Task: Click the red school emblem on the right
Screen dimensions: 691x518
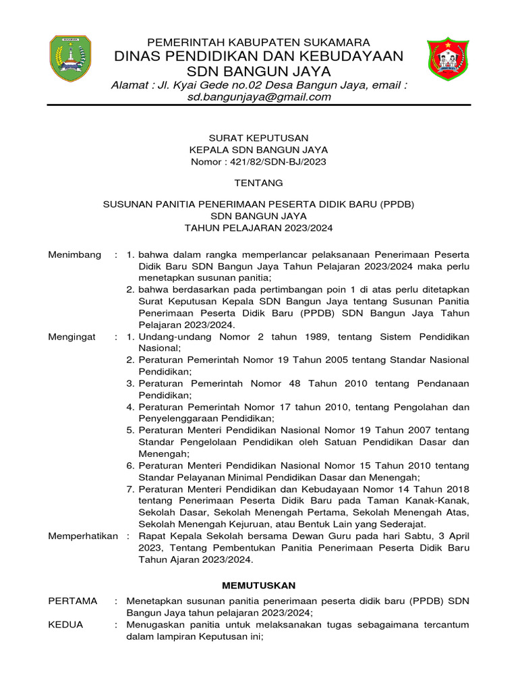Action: (447, 59)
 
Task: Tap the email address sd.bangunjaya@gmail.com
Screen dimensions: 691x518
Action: (259, 96)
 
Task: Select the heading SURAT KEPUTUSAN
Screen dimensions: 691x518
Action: (258, 138)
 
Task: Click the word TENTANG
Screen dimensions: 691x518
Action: (258, 183)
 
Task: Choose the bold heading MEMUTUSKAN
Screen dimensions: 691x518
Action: (259, 585)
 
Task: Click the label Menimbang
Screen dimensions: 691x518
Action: (75, 254)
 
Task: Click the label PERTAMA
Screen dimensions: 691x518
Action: (73, 601)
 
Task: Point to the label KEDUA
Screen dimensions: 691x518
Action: (65, 624)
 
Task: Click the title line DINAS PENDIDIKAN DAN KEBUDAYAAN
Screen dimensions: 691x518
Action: (259, 56)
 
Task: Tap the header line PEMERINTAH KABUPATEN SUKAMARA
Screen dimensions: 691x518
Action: (259, 42)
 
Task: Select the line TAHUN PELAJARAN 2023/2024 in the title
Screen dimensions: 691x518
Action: (258, 227)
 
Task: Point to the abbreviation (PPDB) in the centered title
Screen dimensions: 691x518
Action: (397, 203)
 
